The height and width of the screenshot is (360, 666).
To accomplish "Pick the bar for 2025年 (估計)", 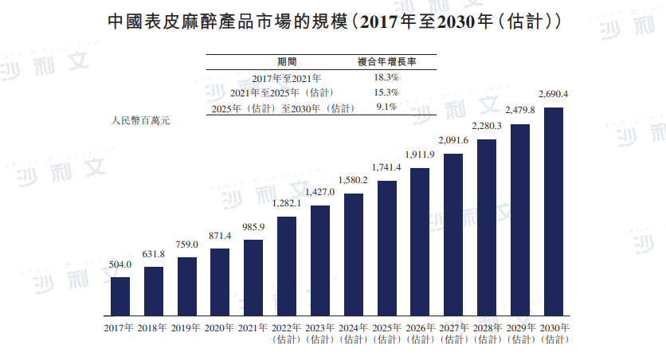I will pyautogui.click(x=386, y=247).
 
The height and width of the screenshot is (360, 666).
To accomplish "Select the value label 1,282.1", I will pyautogui.click(x=287, y=204).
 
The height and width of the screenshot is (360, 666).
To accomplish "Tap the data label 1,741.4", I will pyautogui.click(x=386, y=169).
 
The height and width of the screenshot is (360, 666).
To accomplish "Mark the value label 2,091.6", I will pyautogui.click(x=453, y=141).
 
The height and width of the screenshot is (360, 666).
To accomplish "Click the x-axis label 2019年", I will pyautogui.click(x=186, y=328).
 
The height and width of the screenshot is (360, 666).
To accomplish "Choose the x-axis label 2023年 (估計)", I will pyautogui.click(x=319, y=334).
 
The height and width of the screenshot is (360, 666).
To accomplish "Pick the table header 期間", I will pyautogui.click(x=287, y=61).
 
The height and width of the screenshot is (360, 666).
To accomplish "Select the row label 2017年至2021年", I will pyautogui.click(x=287, y=78).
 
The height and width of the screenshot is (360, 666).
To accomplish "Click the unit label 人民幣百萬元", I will pyautogui.click(x=140, y=121).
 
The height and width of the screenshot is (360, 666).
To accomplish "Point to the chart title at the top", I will pyautogui.click(x=333, y=22).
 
